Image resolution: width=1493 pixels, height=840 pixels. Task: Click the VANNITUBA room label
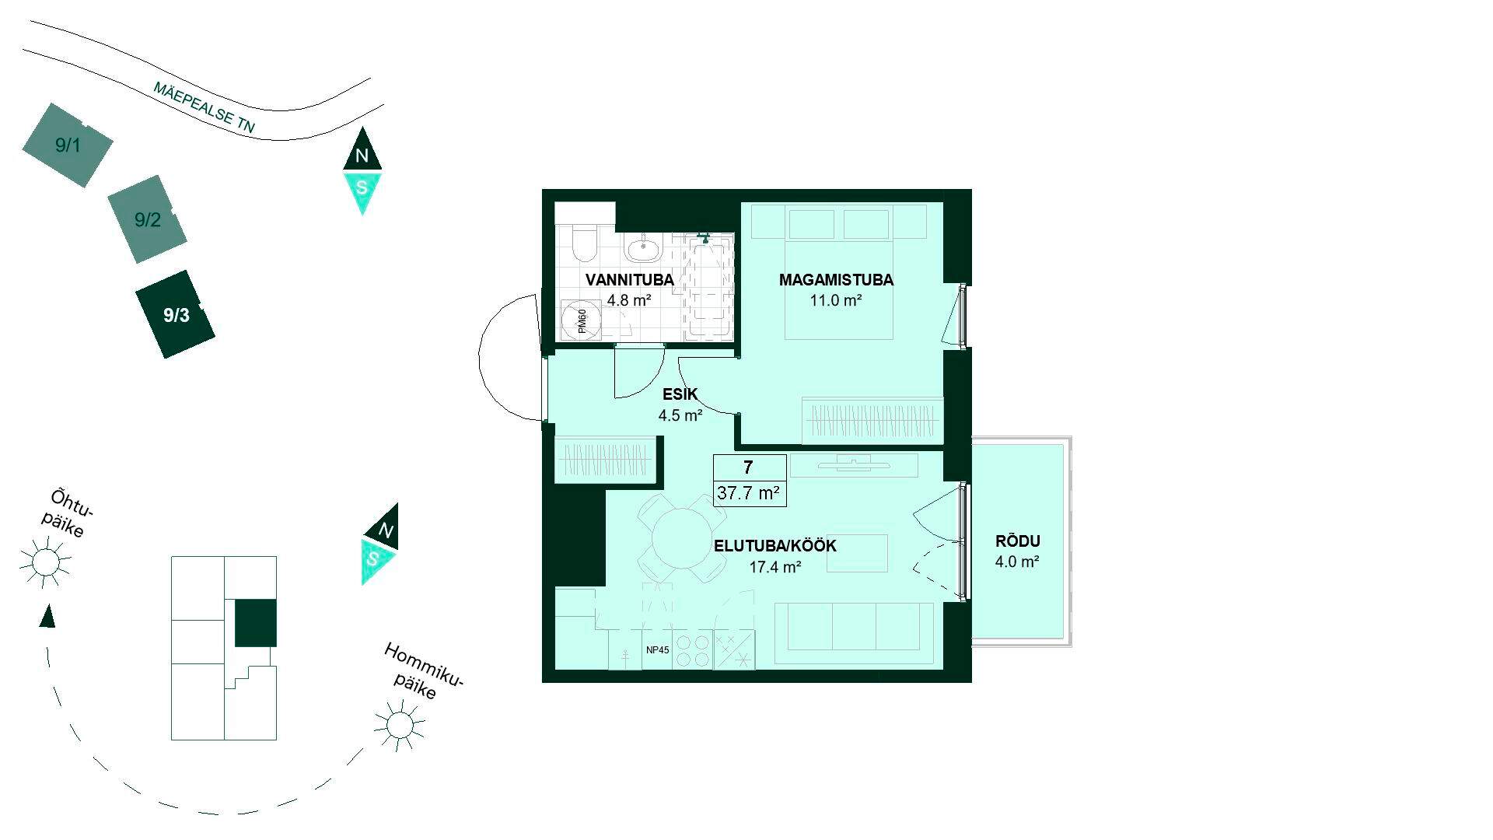[x=629, y=280]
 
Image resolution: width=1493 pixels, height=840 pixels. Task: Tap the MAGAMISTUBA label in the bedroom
[x=836, y=280]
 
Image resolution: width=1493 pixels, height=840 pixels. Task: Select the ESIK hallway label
[x=680, y=394]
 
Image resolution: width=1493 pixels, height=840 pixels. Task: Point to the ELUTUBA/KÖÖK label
[x=775, y=546]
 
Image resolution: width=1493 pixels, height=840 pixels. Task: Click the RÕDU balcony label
[x=1017, y=541]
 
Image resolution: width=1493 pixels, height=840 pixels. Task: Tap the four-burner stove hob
[x=692, y=650]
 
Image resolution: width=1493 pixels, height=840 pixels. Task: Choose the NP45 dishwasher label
[x=657, y=650]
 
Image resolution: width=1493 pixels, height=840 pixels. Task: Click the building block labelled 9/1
[x=68, y=145]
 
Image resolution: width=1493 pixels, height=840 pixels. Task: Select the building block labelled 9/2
[x=147, y=219]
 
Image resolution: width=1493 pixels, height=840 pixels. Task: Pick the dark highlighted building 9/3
[x=176, y=314]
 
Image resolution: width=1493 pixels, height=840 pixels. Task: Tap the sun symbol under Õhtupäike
[x=45, y=561]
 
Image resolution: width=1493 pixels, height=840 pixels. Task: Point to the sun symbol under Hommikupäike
[x=400, y=725]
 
